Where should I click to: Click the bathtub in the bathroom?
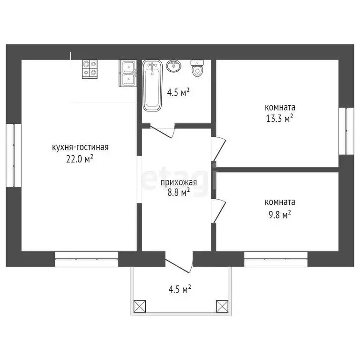152,85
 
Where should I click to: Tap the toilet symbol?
197,68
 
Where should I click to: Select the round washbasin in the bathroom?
174,66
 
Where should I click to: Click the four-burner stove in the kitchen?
90,69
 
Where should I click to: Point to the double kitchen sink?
128,74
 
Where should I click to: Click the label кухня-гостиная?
80,147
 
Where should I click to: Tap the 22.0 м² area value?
80,158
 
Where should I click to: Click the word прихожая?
179,182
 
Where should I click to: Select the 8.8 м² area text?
179,192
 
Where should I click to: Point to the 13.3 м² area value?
280,119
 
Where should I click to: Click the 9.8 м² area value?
280,215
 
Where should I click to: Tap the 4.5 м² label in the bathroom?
178,93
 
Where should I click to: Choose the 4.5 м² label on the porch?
180,289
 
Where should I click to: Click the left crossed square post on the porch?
140,306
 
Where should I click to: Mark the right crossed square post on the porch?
222,306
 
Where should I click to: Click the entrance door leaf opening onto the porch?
177,266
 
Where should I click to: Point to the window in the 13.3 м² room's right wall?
346,131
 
